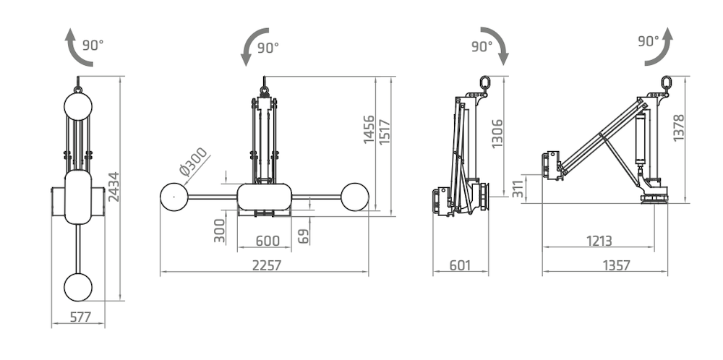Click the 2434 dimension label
click(x=114, y=187)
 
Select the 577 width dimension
click(x=81, y=317)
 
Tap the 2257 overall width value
click(x=267, y=265)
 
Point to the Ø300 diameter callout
click(x=193, y=162)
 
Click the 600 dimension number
click(x=268, y=241)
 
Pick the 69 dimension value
click(x=304, y=236)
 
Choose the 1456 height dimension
click(x=369, y=129)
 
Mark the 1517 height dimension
click(x=384, y=132)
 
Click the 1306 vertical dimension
click(x=497, y=134)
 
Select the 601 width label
click(x=460, y=265)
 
